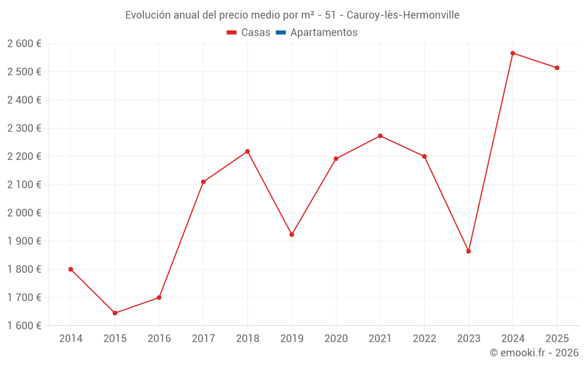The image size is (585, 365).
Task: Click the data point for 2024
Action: pos(512,53)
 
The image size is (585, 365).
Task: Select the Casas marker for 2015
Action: pos(115,313)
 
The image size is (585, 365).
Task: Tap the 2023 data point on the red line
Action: pos(469,251)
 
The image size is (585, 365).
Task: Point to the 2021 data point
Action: pos(380,136)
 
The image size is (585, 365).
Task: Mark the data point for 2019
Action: pos(292,235)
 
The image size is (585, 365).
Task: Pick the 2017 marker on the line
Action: pos(203,182)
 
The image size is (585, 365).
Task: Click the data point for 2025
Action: pos(557,68)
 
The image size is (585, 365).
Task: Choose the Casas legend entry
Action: pos(249,33)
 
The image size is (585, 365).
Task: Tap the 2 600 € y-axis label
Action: pos(25,44)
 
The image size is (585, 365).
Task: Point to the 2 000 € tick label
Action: pos(25,213)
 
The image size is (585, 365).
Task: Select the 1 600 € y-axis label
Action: pos(25,325)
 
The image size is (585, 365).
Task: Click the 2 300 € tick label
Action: pos(25,128)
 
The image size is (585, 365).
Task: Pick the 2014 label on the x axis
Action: pos(71,339)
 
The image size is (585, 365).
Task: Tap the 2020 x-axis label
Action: pos(336,339)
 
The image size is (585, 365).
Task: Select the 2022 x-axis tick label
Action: pos(424,339)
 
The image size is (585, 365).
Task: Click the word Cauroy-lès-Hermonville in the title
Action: pos(403,15)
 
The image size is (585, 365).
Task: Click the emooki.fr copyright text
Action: pos(534,353)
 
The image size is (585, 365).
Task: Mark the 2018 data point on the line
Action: pos(247,151)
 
